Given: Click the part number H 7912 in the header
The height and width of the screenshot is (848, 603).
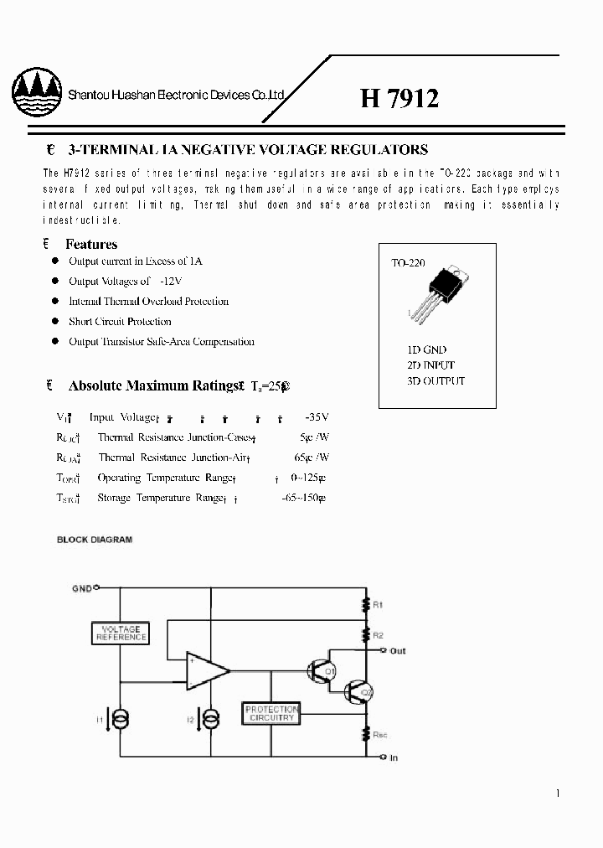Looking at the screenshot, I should point(399,99).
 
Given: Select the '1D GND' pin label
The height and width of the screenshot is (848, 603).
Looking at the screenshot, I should point(420,349).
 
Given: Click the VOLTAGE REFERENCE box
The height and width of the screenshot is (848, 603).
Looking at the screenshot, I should point(121,633).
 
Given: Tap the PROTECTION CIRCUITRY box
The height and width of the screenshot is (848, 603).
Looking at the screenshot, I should point(271,714).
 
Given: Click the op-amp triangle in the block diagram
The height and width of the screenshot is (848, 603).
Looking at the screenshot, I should point(206,670).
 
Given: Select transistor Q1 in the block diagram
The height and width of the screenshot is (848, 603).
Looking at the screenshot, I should point(321,670).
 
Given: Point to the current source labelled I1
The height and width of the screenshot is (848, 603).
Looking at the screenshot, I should point(121,718).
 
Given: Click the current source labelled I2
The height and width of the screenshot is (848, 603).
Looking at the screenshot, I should point(213,718).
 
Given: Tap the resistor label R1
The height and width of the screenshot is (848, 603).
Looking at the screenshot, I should point(379,604).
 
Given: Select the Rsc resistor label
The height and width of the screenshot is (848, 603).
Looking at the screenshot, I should point(380,734).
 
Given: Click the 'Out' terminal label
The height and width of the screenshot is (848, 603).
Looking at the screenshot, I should point(398,650).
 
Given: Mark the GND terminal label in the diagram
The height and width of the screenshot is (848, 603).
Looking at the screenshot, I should point(80,588).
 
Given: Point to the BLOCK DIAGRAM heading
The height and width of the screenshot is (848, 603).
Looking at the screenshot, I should point(95,540).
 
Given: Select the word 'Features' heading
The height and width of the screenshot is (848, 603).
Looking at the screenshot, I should point(91,245).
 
